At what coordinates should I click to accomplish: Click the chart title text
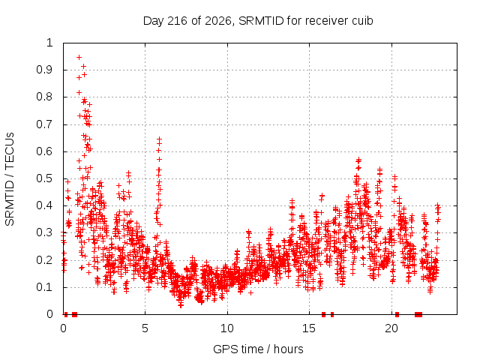pos(258,21)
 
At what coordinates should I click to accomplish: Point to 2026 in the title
pos(218,21)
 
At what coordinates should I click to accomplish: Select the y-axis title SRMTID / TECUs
pos(10,179)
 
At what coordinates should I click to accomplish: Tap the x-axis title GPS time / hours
pos(258,349)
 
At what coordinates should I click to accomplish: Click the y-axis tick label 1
pos(49,43)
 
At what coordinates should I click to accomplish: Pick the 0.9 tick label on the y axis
pos(45,70)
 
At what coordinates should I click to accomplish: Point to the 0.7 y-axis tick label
pos(45,124)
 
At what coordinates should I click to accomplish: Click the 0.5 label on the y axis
pos(45,178)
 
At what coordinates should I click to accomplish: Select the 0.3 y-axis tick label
pos(45,232)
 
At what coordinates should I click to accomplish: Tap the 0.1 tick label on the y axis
pos(45,287)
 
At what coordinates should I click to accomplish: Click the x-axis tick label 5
pos(145,328)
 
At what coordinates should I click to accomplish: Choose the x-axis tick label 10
pos(227,328)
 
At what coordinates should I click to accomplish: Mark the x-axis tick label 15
pos(309,328)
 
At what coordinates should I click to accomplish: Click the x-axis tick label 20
pos(391,328)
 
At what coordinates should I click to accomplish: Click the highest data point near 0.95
pos(79,57)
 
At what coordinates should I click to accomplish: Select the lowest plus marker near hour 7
pos(181,305)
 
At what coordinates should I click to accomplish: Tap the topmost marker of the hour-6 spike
pos(159,139)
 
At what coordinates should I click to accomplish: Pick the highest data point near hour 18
pos(358,160)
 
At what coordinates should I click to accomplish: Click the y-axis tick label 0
pos(49,314)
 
